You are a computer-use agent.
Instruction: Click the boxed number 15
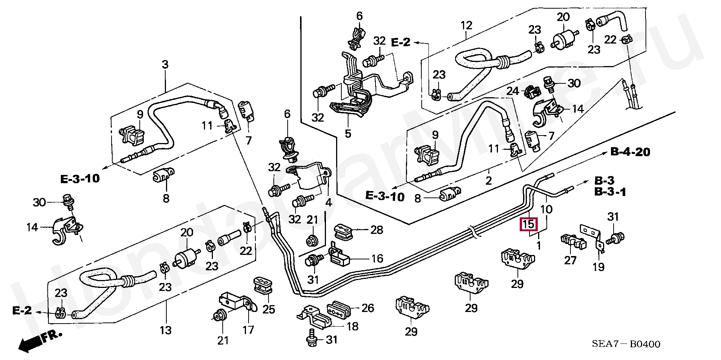[528, 224]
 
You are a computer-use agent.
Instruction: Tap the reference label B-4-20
[630, 152]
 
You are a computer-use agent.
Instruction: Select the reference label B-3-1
[610, 192]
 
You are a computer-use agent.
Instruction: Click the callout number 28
[376, 230]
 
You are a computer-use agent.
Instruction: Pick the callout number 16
[377, 259]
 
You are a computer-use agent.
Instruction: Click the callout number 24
[513, 91]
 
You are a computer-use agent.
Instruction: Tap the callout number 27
[570, 260]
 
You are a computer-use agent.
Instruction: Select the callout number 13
[165, 330]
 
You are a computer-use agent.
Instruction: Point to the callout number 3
[165, 65]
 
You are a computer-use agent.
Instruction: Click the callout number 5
[348, 133]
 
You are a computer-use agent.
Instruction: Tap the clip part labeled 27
[573, 242]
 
